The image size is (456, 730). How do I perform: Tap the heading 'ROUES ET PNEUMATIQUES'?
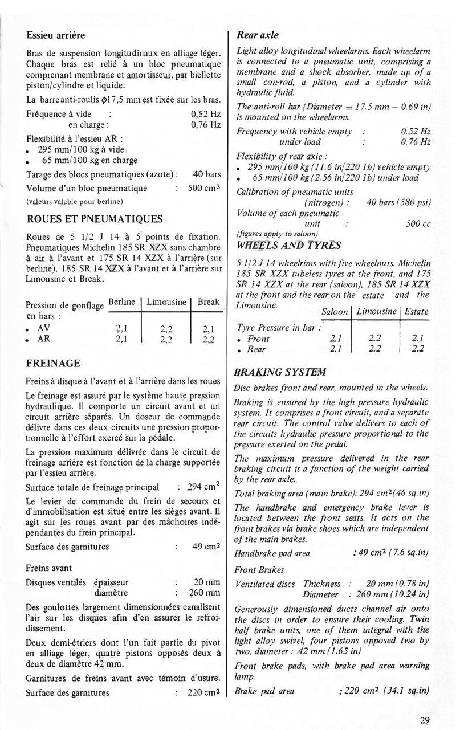point(94,219)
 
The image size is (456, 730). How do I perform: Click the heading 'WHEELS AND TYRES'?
point(288,246)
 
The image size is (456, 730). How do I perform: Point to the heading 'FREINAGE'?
point(53,363)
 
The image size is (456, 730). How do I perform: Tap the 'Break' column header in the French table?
point(208,301)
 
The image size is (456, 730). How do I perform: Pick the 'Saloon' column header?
point(335,312)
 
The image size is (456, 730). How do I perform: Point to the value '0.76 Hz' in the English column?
point(416,141)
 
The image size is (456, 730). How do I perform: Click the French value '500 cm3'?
point(204,188)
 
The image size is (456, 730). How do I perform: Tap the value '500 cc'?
point(417,224)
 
